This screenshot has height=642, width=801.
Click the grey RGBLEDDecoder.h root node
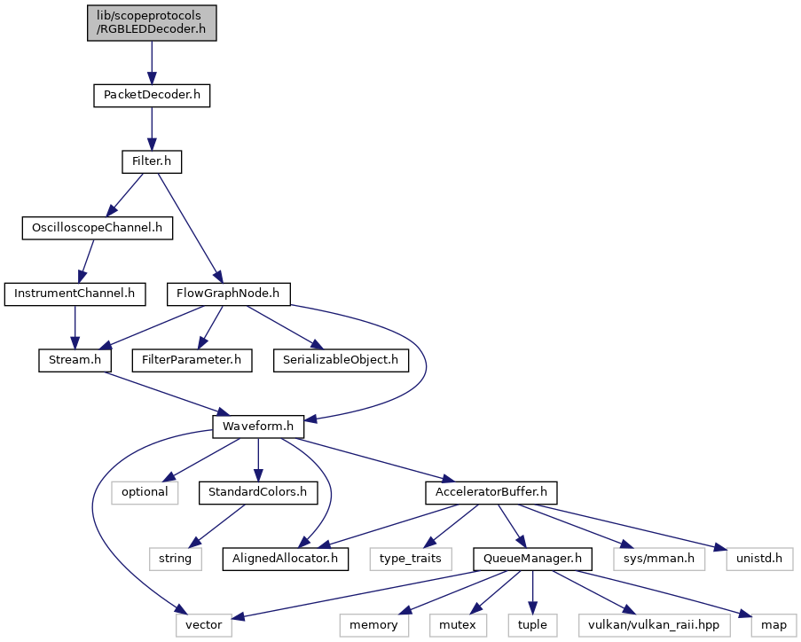tap(152, 23)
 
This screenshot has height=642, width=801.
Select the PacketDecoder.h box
tap(152, 95)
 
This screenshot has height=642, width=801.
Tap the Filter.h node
tap(152, 161)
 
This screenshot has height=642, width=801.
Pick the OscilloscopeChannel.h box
tap(97, 228)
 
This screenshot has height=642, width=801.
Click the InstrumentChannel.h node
tap(75, 294)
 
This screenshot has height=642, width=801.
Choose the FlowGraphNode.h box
tap(228, 294)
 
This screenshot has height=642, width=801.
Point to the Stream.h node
tap(75, 360)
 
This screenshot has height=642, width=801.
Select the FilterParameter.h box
tap(192, 360)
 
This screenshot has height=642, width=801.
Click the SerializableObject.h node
tap(341, 360)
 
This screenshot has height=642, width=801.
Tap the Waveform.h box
tap(258, 427)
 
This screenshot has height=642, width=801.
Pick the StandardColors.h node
tap(258, 492)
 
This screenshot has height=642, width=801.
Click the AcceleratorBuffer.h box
tap(491, 492)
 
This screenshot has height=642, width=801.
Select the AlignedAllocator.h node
tap(285, 559)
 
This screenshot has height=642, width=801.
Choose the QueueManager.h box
tap(532, 559)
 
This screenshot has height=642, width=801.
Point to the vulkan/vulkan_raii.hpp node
tap(654, 625)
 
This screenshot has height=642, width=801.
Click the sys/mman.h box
tap(659, 559)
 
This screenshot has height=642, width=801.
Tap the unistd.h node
tap(759, 559)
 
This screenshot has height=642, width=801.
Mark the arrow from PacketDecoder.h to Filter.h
tap(152, 129)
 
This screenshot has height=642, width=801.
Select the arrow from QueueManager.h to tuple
tap(532, 592)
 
